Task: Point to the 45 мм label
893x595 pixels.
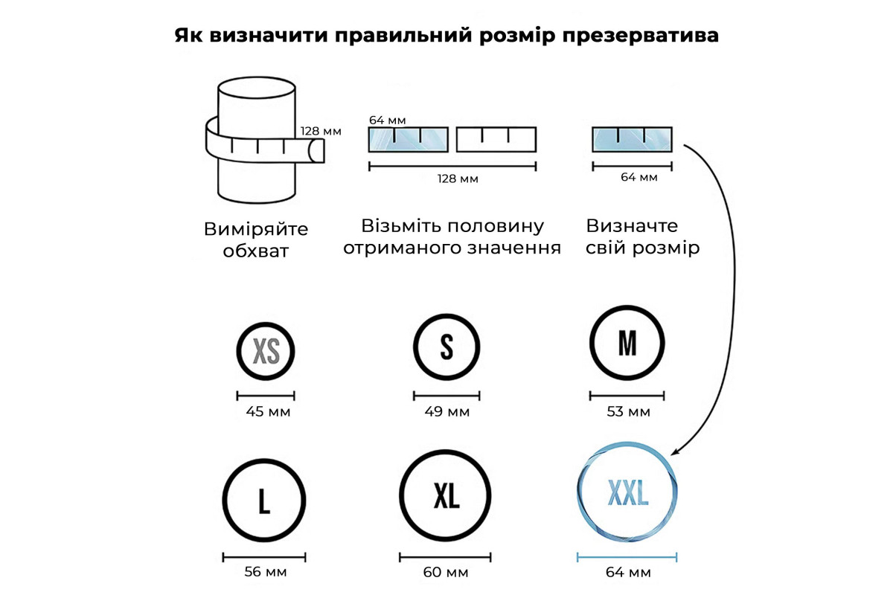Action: coord(268,412)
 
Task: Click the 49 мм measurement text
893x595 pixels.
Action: coord(447,412)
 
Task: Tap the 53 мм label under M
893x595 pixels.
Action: coord(628,412)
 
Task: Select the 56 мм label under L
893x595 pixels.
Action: coord(266,572)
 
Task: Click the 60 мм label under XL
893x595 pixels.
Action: coord(446,572)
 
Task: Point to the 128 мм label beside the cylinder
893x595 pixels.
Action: coord(321,131)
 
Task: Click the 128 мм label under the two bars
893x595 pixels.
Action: coord(458,178)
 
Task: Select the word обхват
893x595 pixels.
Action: coord(255,251)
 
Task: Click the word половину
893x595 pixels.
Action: coord(496,226)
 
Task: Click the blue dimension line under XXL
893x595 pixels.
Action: coord(627,557)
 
